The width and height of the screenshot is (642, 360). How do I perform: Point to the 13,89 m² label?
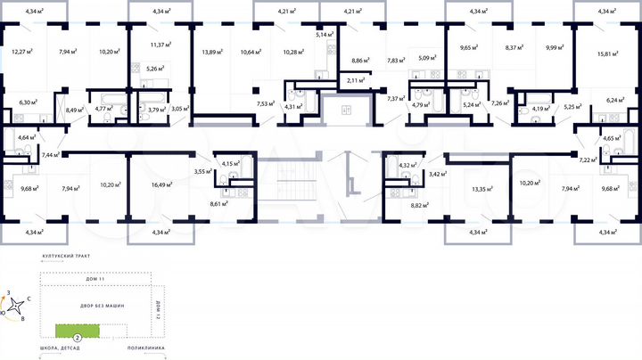click(x=211, y=52)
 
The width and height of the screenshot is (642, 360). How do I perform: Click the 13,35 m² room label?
click(x=483, y=189)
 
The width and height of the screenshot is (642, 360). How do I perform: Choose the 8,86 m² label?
click(x=361, y=60)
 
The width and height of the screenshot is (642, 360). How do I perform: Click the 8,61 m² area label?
click(x=219, y=204)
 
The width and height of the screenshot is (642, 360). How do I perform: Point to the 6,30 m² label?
click(x=29, y=102)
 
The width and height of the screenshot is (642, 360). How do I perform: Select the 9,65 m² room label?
click(x=470, y=46)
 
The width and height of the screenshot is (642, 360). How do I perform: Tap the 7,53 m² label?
click(x=266, y=104)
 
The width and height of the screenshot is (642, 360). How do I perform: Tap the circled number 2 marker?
click(x=78, y=338)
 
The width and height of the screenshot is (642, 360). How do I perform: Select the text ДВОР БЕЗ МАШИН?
click(x=98, y=306)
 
